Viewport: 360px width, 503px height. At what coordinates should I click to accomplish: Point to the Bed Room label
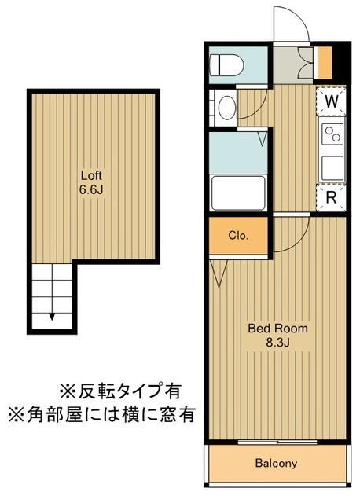click(277, 328)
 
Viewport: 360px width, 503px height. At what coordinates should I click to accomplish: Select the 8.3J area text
click(277, 343)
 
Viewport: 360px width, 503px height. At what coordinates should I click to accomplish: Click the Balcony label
click(276, 464)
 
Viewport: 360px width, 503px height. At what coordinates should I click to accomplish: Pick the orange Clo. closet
click(239, 235)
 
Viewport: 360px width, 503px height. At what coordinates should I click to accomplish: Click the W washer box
click(332, 101)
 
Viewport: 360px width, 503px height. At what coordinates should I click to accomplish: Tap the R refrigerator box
click(332, 197)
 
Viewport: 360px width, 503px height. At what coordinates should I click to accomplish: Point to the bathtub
click(239, 191)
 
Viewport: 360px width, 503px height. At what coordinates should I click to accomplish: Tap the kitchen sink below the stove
click(332, 167)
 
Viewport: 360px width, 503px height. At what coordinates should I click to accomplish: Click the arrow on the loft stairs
click(53, 316)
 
